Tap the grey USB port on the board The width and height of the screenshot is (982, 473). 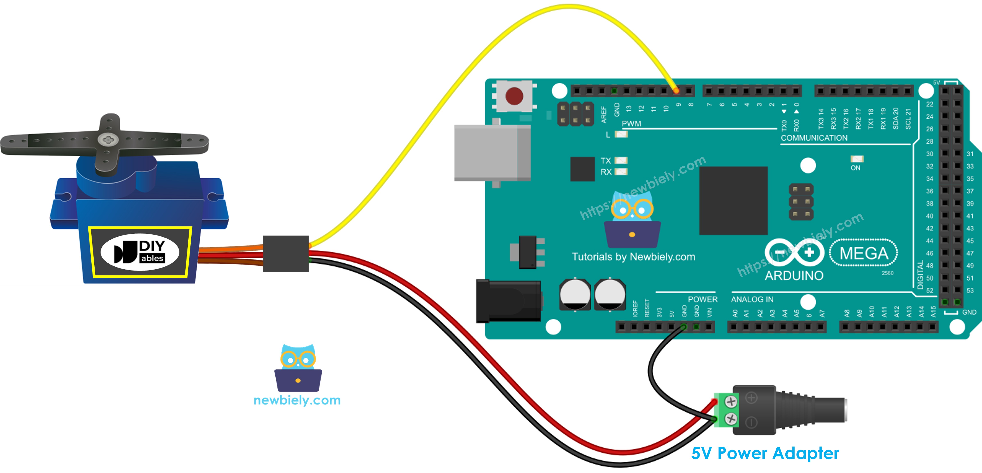point(492,152)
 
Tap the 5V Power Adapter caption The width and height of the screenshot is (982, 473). point(765,453)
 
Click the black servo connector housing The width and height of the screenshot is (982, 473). point(286,254)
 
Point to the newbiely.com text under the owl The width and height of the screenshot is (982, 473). point(297,400)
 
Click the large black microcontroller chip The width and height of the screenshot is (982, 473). point(733,200)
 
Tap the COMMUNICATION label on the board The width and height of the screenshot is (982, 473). point(814,138)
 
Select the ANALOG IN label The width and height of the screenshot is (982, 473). point(752,299)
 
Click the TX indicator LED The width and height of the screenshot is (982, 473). point(621,160)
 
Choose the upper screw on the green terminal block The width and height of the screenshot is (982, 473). point(730,401)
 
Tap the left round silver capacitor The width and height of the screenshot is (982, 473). point(575,295)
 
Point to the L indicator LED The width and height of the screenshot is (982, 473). point(621,134)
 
